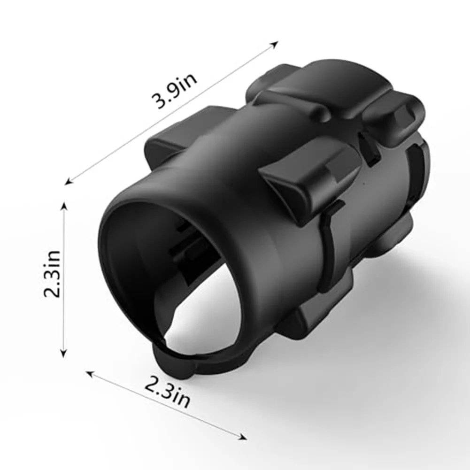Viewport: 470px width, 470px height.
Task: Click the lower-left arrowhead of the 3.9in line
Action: pyautogui.click(x=69, y=180)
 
